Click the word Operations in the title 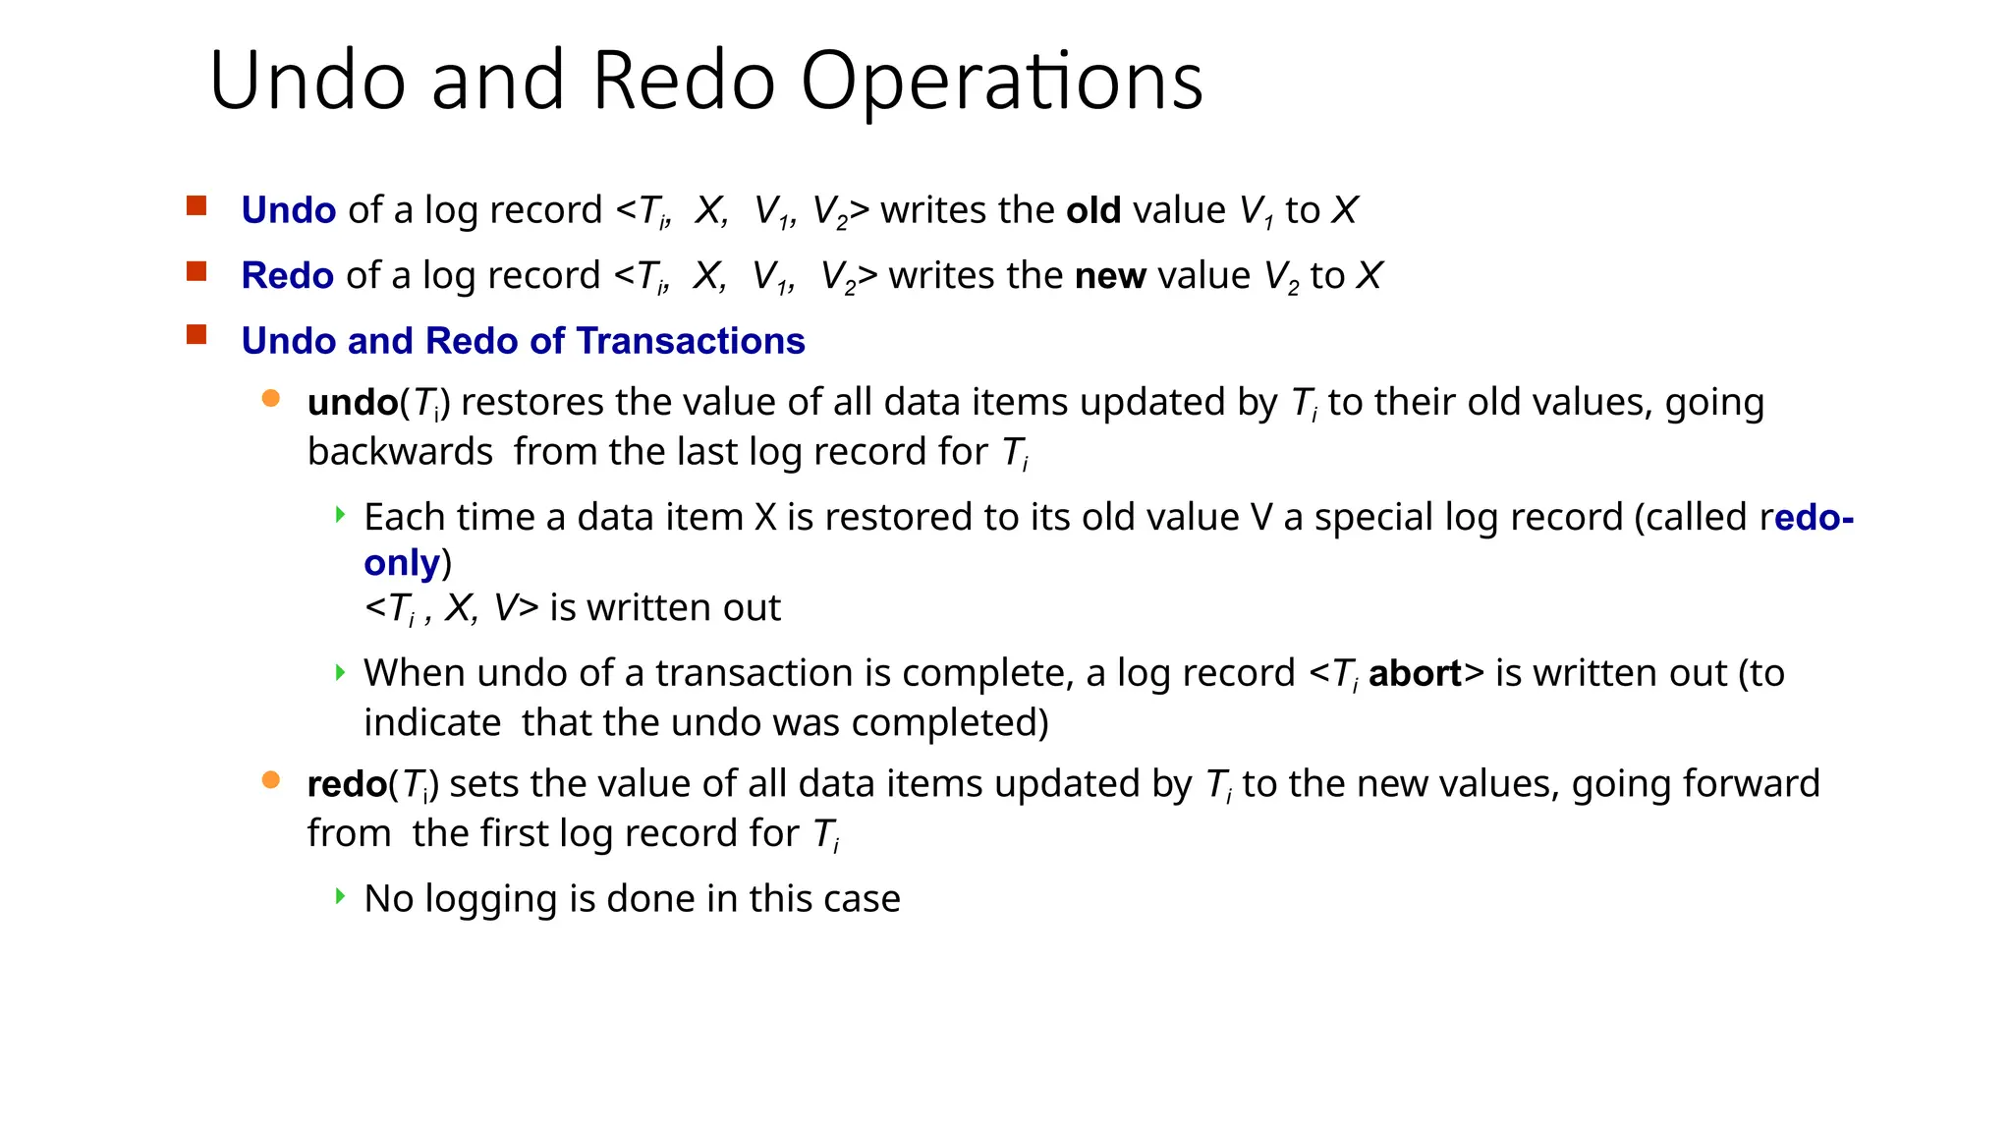pos(1001,82)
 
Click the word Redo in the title pos(684,82)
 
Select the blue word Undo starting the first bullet pos(289,210)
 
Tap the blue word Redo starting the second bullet pos(288,276)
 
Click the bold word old pos(1093,210)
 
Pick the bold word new pos(1110,276)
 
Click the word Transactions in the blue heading pos(691,341)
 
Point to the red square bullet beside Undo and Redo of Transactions pos(196,335)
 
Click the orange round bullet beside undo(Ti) pos(271,398)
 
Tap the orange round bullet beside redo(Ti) pos(271,780)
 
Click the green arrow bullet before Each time pos(340,514)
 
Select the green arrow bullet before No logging pos(340,895)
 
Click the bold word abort pos(1415,674)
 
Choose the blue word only pos(402,563)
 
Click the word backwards pos(400,452)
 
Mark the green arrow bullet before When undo pos(340,672)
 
